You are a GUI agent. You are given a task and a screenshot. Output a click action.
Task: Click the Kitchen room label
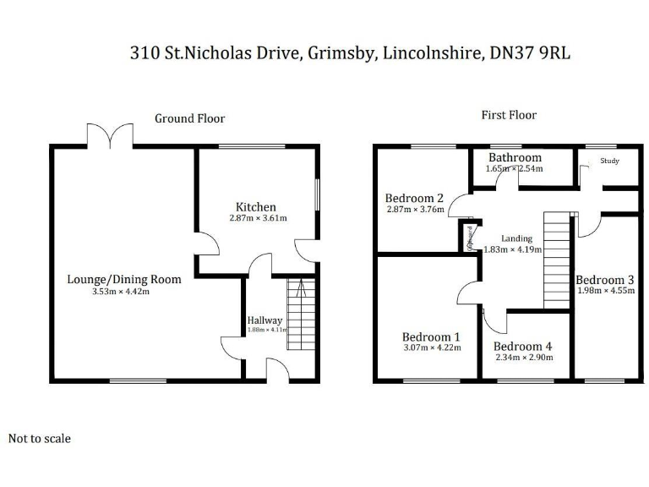[255, 207]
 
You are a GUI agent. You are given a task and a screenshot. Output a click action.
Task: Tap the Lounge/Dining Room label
[124, 280]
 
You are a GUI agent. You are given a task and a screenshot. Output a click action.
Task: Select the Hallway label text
[265, 320]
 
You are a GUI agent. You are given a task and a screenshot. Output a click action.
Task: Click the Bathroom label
[515, 158]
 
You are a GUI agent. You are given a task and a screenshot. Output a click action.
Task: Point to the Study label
[609, 161]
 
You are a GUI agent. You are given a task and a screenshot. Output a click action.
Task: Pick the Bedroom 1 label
[431, 337]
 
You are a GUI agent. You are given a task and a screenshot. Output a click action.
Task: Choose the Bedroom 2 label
[414, 199]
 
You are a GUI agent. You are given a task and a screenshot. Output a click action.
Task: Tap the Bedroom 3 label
[604, 280]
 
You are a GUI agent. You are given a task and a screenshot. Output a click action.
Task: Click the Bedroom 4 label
[523, 347]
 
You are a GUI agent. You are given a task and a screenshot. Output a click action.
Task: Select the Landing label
[516, 239]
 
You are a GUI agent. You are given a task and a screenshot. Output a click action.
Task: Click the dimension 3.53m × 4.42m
[121, 293]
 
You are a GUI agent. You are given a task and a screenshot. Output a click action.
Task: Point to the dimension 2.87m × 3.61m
[258, 218]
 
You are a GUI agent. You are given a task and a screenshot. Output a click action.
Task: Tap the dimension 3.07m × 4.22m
[431, 347]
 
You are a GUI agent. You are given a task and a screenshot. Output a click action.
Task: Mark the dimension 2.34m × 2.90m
[524, 358]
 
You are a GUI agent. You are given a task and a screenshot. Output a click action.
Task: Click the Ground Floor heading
[189, 118]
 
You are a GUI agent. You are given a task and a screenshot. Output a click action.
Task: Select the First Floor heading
[509, 115]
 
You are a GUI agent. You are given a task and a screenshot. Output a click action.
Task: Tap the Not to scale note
[40, 439]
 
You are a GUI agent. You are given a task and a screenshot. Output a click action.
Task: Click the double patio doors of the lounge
[110, 135]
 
